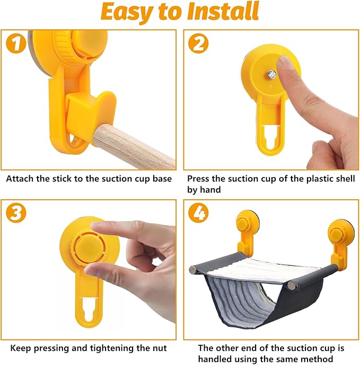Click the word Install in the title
223,11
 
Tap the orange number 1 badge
16,43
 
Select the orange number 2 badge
198,43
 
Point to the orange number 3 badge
16,213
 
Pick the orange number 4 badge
198,213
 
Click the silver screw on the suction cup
271,75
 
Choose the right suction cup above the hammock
341,232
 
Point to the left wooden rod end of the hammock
193,270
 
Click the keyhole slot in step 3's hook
89,309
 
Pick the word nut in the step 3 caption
160,349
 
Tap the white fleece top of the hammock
256,270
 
